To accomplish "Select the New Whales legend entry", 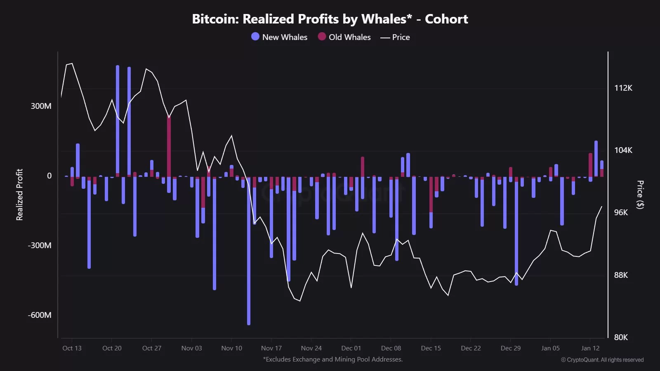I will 279,37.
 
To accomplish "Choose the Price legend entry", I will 395,37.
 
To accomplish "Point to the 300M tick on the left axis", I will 41,106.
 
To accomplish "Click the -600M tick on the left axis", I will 40,315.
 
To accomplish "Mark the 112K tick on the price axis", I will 623,88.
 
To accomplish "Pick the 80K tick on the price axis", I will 621,337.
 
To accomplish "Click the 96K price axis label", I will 621,212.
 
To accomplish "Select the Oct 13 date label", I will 72,348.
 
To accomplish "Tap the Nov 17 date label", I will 271,348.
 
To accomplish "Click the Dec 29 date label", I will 510,348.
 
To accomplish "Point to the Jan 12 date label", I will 590,348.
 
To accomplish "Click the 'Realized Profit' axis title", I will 19,195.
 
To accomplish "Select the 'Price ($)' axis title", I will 640,195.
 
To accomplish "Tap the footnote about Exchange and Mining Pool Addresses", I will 333,359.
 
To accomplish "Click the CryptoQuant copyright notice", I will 602,360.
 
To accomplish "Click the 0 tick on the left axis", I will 49,176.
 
